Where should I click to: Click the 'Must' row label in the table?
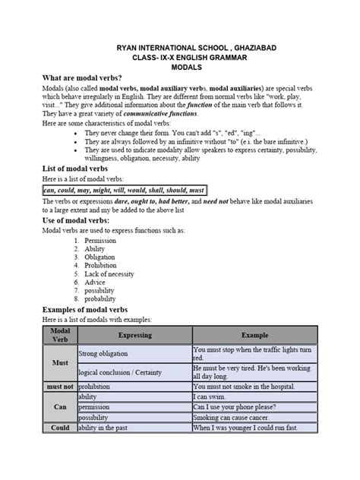(x=59, y=363)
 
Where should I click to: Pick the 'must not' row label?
(x=59, y=386)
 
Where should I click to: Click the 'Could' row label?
(x=59, y=428)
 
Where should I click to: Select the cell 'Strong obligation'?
(x=104, y=354)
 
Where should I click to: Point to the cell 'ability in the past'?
(x=109, y=428)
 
